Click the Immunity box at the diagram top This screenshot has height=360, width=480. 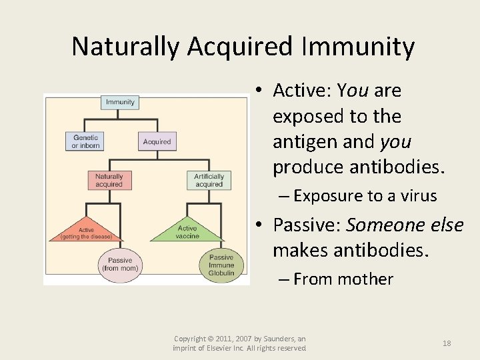120,102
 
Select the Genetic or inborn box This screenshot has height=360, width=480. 85,141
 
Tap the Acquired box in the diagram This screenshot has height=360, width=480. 157,141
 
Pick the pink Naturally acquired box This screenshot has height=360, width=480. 109,180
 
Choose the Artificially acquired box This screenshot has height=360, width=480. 209,180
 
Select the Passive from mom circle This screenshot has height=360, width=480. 120,264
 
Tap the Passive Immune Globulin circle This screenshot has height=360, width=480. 221,265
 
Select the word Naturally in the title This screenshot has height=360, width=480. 126,47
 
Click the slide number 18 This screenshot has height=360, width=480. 447,343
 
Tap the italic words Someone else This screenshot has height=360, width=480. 405,225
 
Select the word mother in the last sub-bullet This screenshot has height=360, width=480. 365,279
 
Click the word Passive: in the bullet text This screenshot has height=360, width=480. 307,225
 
